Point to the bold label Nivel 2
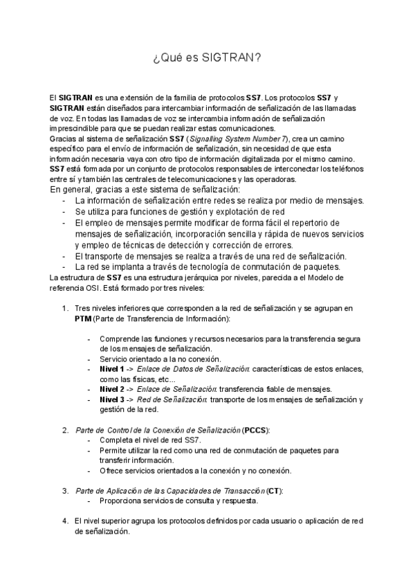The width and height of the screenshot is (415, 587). tap(113, 389)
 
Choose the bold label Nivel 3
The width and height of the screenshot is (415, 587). tap(113, 399)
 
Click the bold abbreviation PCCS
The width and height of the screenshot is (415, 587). tap(255, 430)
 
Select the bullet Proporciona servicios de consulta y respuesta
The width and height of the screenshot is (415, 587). tap(178, 501)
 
